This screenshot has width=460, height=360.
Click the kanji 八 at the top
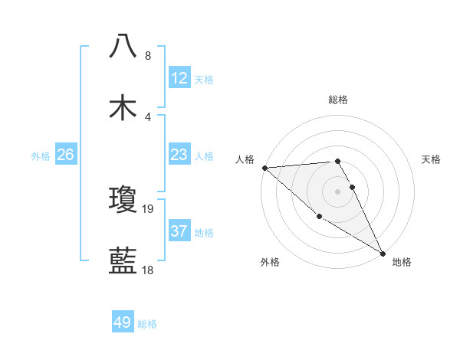(123, 45)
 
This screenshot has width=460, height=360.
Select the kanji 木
(123, 107)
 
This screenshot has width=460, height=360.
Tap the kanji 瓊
(123, 199)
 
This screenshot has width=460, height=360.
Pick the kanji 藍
(123, 261)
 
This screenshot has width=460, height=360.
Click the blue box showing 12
(179, 78)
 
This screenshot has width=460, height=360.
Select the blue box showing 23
(179, 155)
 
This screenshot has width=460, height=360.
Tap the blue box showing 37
(179, 231)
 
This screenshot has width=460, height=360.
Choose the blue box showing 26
(65, 155)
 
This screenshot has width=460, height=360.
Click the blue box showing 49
(123, 322)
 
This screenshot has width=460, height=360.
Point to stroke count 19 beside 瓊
(149, 208)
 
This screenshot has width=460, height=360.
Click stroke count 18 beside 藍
(149, 270)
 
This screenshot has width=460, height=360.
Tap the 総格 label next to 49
(148, 324)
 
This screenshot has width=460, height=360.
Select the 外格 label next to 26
(41, 156)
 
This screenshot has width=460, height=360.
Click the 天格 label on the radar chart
(432, 159)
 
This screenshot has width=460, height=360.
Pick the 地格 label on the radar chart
(402, 262)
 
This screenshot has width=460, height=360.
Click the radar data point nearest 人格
(264, 167)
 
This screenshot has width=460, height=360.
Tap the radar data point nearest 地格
(383, 253)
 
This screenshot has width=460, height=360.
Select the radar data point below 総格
(337, 161)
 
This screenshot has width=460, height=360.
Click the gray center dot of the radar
(337, 191)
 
